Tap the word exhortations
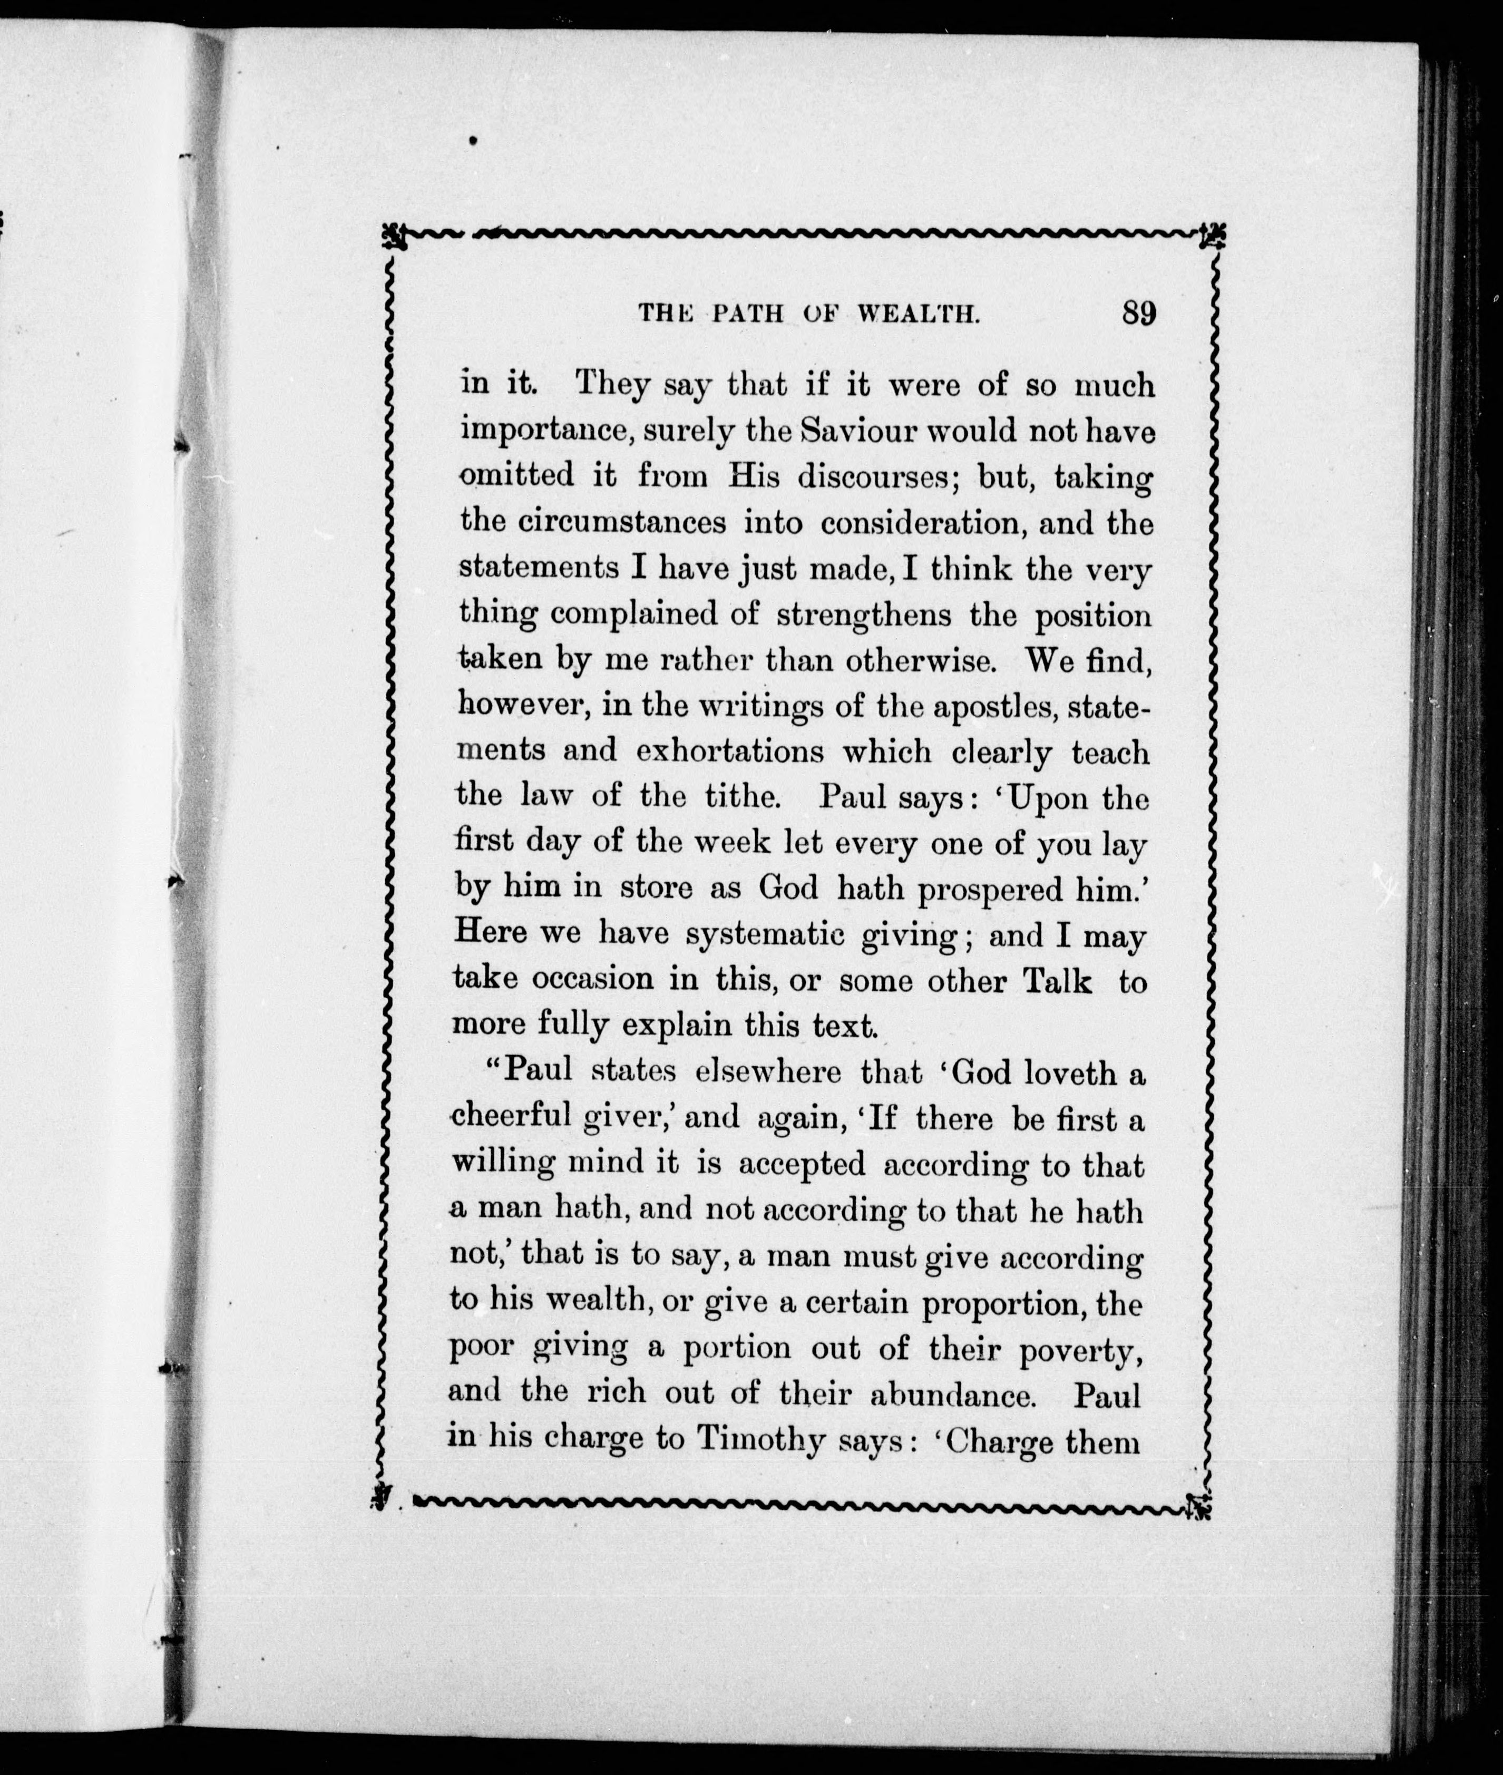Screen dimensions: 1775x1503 click(x=730, y=752)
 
